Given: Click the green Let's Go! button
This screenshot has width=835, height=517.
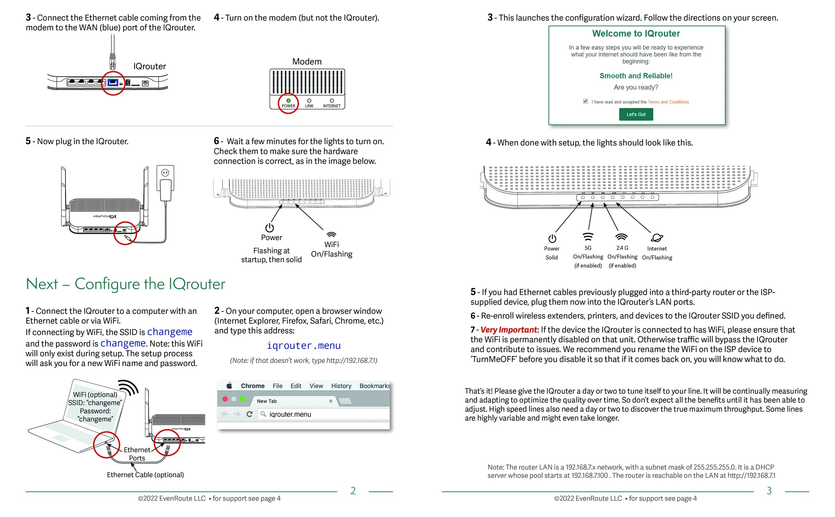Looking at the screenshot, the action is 636,114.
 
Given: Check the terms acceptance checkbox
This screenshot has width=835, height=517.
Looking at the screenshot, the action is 586,101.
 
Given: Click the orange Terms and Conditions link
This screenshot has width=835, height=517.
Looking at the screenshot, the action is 668,102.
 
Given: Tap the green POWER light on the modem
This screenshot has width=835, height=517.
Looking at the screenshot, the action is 288,101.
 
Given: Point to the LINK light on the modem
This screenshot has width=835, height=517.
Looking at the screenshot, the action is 309,101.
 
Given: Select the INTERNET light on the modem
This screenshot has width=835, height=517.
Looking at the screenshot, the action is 331,101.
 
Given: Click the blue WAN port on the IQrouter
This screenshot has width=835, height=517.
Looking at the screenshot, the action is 113,82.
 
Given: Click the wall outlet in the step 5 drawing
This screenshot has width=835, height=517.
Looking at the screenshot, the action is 165,178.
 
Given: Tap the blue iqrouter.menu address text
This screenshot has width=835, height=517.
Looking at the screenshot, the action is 304,345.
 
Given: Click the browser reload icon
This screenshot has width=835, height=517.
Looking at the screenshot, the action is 249,414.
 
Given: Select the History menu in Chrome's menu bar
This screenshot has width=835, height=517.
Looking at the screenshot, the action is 341,386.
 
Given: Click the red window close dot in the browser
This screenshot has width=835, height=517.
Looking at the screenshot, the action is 225,399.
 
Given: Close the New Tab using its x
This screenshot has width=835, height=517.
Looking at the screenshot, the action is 330,401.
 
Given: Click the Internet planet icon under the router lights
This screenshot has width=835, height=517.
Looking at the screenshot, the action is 657,238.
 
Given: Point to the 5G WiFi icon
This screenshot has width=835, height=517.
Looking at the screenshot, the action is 588,236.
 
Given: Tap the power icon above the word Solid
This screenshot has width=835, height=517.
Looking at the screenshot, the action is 552,238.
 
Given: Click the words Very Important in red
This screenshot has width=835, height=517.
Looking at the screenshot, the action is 508,330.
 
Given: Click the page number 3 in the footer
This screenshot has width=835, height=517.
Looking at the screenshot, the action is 769,491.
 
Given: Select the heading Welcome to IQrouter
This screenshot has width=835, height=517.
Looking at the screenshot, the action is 636,33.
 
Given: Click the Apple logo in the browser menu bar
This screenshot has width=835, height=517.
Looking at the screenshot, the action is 229,385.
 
